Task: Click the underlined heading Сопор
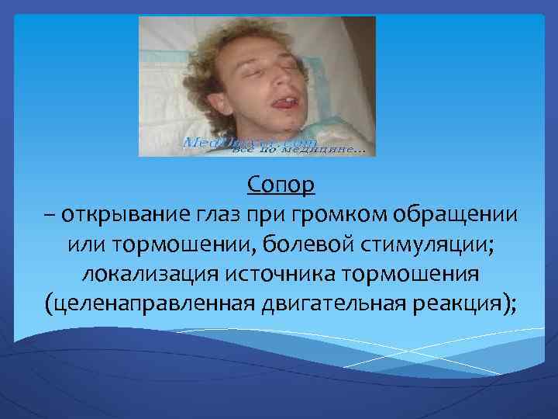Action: (x=282, y=186)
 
